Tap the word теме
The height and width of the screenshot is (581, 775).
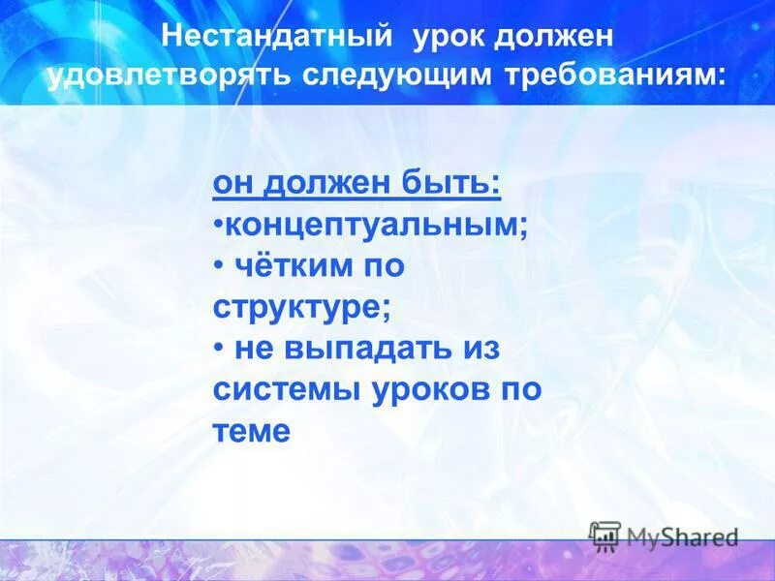(251, 431)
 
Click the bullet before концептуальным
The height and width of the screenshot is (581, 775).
(219, 225)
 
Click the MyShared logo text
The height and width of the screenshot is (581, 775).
(682, 536)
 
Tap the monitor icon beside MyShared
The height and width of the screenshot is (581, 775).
(605, 535)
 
